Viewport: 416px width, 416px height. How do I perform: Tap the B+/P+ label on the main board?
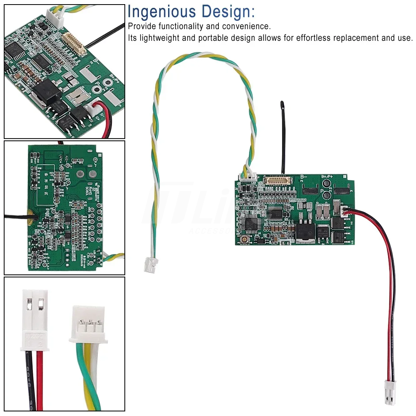329,177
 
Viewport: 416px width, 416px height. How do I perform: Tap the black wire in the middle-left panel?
15,216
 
